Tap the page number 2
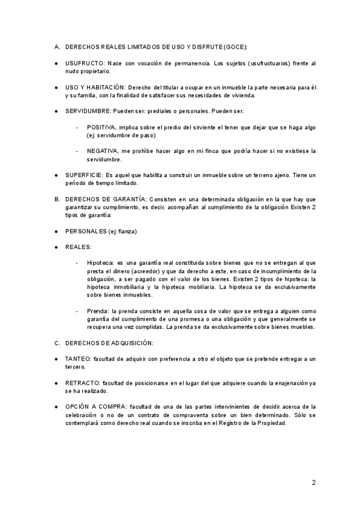pyautogui.click(x=314, y=482)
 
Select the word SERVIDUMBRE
pyautogui.click(x=88, y=111)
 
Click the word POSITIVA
pyautogui.click(x=101, y=127)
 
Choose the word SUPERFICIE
pyautogui.click(x=83, y=175)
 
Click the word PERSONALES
pyautogui.click(x=86, y=231)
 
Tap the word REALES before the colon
pyautogui.click(x=77, y=247)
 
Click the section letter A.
pyautogui.click(x=56, y=47)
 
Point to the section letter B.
pyautogui.click(x=56, y=199)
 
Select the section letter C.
pyautogui.click(x=56, y=343)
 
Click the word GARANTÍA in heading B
pyautogui.click(x=127, y=199)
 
